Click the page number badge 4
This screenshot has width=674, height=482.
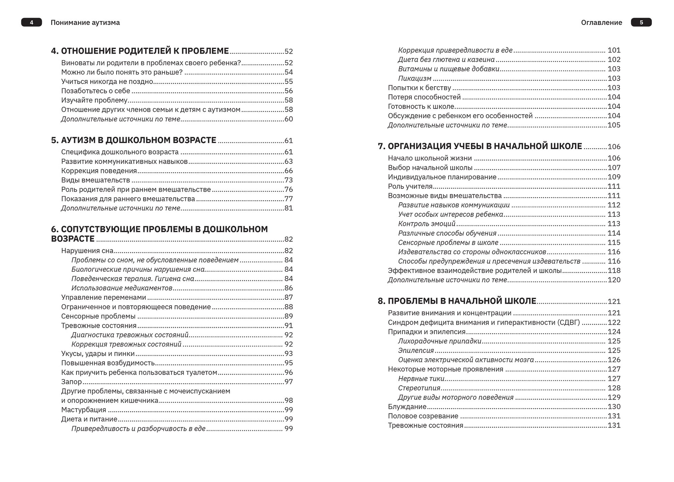pyautogui.click(x=32, y=23)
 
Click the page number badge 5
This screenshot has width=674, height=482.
pyautogui.click(x=641, y=23)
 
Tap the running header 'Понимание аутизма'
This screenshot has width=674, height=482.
pyautogui.click(x=85, y=23)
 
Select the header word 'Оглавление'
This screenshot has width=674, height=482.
pyautogui.click(x=601, y=23)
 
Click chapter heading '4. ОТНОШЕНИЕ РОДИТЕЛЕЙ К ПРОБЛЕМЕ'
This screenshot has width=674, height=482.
pyautogui.click(x=140, y=51)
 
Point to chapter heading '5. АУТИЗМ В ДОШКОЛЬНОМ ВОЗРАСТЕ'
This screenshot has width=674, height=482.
pyautogui.click(x=134, y=140)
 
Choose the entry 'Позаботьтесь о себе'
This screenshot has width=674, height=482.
pyautogui.click(x=96, y=91)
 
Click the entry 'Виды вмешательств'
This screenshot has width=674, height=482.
pyautogui.click(x=96, y=180)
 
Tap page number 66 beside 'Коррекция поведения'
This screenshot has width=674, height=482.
pyautogui.click(x=289, y=171)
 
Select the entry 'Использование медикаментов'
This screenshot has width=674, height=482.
pyautogui.click(x=122, y=288)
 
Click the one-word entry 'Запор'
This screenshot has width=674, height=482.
pyautogui.click(x=71, y=382)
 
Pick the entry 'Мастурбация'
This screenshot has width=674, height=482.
pyautogui.click(x=84, y=410)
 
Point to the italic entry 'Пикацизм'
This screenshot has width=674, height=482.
pyautogui.click(x=415, y=79)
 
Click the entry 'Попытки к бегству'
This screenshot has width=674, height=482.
pyautogui.click(x=419, y=88)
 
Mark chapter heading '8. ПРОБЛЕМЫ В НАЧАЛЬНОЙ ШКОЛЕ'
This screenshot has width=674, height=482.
pyautogui.click(x=457, y=301)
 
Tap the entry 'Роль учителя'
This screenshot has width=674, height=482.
pyautogui.click(x=410, y=186)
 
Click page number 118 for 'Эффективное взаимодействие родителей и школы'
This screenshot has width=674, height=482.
pyautogui.click(x=614, y=271)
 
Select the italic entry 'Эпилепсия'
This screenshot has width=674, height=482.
pyautogui.click(x=416, y=351)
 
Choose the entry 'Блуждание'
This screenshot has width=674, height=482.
pyautogui.click(x=407, y=407)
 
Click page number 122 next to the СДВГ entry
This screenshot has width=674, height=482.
pyautogui.click(x=614, y=323)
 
